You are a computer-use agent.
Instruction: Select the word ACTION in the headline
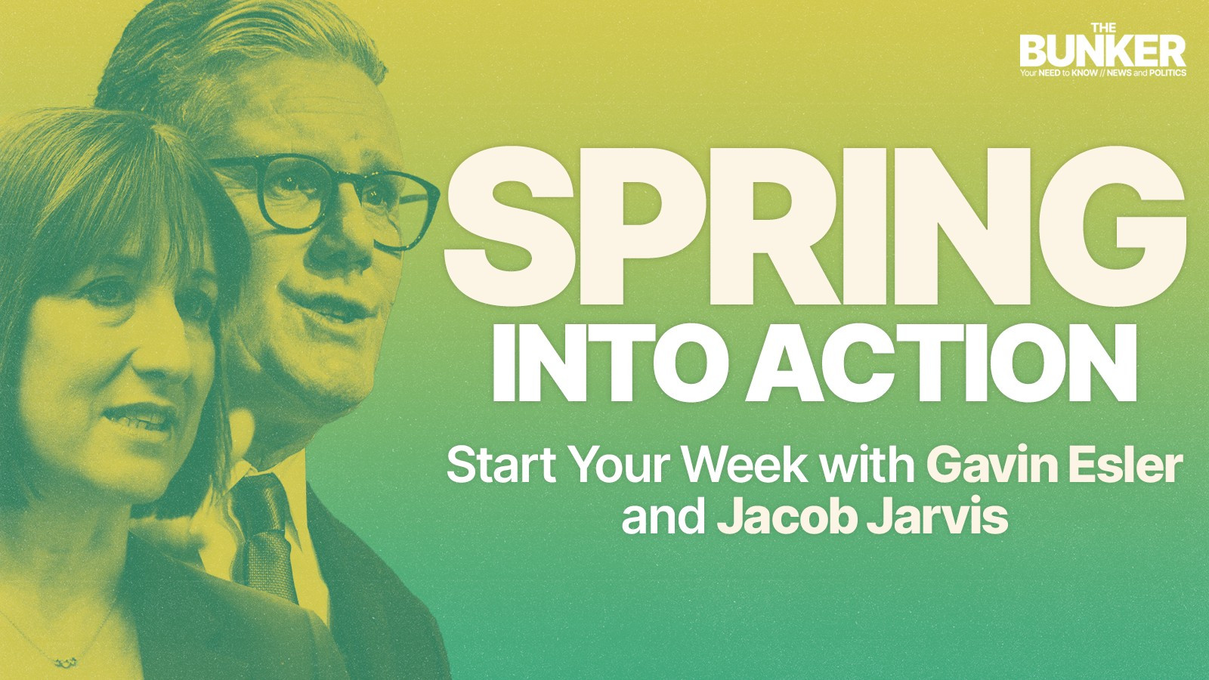point(941,363)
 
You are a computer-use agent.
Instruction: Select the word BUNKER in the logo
point(1102,51)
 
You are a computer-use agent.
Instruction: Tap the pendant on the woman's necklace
point(66,660)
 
